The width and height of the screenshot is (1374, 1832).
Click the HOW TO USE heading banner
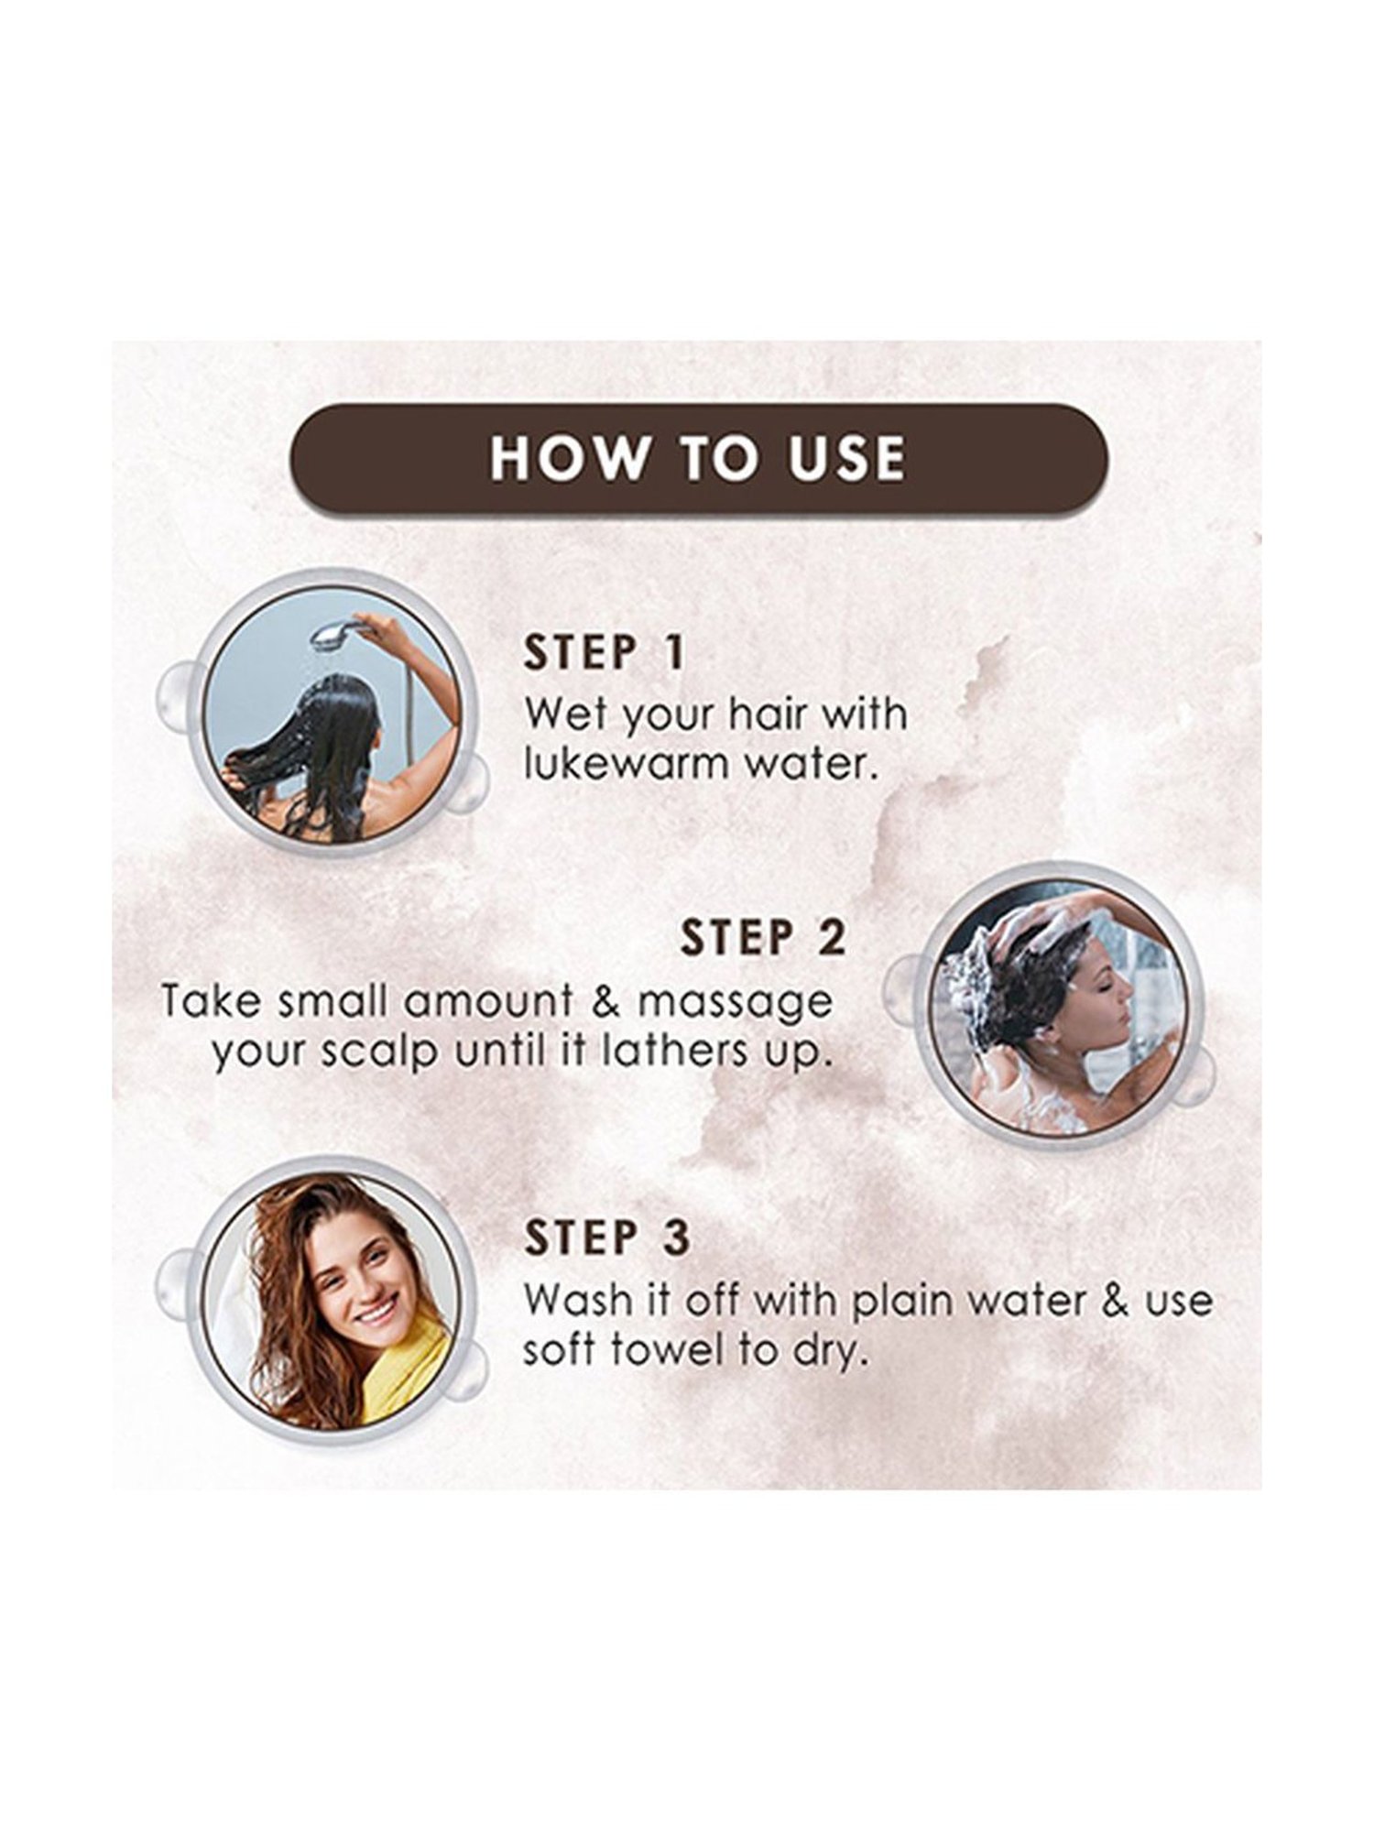tap(699, 458)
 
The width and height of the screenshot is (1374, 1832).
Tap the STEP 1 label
tap(604, 653)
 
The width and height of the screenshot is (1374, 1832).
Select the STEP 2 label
tap(763, 938)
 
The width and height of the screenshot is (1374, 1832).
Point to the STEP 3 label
tap(606, 1238)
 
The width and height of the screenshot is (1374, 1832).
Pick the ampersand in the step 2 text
tap(601, 1001)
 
